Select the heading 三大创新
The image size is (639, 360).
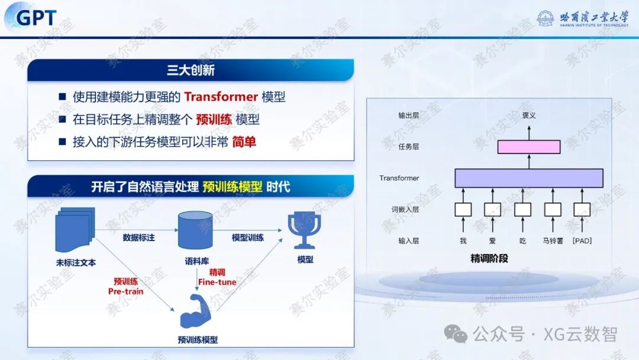click(191, 70)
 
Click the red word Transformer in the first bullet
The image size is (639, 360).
click(221, 97)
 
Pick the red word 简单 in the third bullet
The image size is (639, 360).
click(244, 143)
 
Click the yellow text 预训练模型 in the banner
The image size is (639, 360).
click(233, 187)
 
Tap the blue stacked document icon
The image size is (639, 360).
click(74, 231)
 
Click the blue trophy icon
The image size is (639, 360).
click(304, 230)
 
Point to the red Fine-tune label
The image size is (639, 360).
click(217, 282)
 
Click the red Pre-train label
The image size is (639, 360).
click(125, 291)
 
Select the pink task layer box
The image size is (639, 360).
click(528, 147)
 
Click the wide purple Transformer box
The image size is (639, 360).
click(528, 178)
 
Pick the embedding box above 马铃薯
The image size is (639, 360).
click(553, 210)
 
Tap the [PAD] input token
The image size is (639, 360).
click(582, 241)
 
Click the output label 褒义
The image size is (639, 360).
click(528, 115)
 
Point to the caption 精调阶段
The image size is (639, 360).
click(489, 259)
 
